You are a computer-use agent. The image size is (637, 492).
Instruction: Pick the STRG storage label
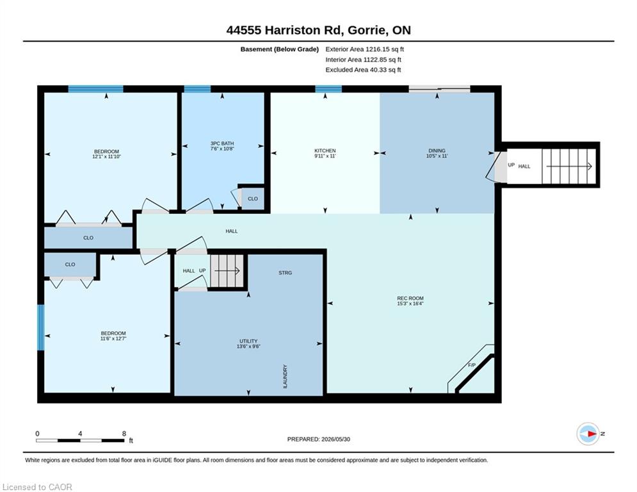click(285, 273)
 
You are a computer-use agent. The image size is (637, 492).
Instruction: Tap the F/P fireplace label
click(472, 365)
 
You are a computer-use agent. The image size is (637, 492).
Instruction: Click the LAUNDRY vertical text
click(285, 376)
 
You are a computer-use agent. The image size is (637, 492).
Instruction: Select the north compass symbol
click(588, 434)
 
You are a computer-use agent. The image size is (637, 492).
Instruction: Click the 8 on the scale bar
click(124, 434)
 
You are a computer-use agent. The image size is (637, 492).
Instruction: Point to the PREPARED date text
click(319, 439)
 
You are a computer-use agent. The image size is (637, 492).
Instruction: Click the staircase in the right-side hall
click(568, 166)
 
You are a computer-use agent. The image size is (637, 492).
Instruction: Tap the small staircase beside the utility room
click(227, 271)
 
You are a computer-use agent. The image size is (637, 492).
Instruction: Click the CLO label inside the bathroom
click(253, 199)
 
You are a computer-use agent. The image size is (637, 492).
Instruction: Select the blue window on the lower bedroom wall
click(40, 327)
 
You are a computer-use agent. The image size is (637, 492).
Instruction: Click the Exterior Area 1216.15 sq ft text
click(364, 49)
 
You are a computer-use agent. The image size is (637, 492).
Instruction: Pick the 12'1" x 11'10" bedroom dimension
click(106, 156)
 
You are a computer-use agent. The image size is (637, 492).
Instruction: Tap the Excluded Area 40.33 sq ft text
click(363, 70)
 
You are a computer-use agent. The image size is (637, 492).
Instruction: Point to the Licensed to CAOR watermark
click(37, 487)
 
